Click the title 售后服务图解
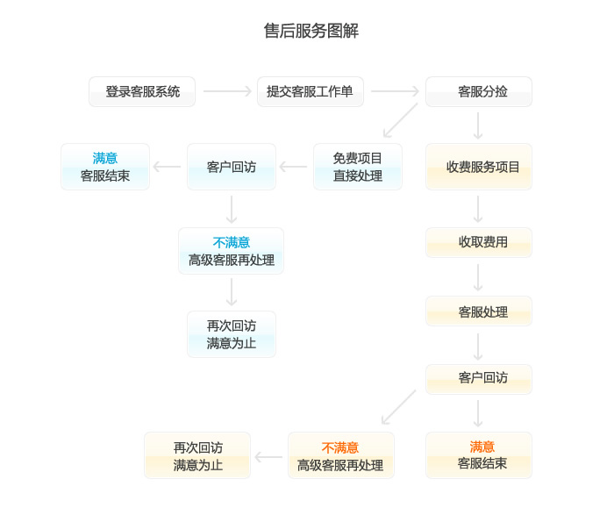point(311,31)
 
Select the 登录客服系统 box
point(142,91)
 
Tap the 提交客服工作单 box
point(311,91)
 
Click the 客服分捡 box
point(479,91)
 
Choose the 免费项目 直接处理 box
point(358,167)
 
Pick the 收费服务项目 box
point(479,167)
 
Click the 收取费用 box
point(479,242)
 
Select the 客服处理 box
point(479,311)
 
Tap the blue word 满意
point(105,158)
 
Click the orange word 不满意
point(340,447)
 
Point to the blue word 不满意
point(232,242)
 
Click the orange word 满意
point(482,447)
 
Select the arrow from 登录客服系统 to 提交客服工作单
point(227,91)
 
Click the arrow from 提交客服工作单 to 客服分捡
point(395,91)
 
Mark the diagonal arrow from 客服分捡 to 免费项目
point(400,120)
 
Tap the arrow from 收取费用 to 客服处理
point(478,277)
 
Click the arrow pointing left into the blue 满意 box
point(167,167)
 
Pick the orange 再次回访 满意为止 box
point(197,455)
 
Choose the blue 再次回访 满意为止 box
point(232,334)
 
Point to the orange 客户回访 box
point(479,379)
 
